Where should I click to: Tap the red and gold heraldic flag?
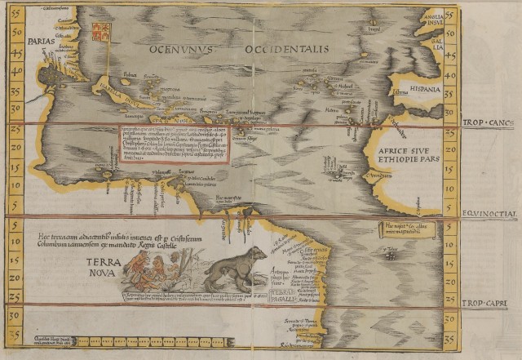[101, 32]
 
